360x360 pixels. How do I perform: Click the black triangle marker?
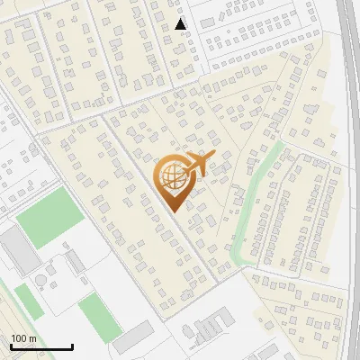pyautogui.click(x=181, y=24)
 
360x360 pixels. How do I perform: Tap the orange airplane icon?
pyautogui.click(x=197, y=165)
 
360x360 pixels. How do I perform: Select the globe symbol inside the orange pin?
pyautogui.click(x=173, y=178)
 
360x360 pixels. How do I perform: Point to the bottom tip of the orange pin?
pyautogui.click(x=173, y=211)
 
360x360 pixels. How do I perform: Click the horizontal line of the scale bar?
pyautogui.click(x=41, y=346)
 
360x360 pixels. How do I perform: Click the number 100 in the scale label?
pyautogui.click(x=20, y=338)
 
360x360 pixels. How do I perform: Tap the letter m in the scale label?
pyautogui.click(x=33, y=338)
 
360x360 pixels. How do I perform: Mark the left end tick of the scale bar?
pyautogui.click(x=11, y=345)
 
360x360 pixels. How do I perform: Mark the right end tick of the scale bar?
pyautogui.click(x=72, y=345)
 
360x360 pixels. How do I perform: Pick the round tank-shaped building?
pyautogui.click(x=42, y=282)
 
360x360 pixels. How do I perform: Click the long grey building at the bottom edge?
pyautogui.click(x=133, y=337)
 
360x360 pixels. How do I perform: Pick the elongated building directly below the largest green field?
pyautogui.click(x=76, y=260)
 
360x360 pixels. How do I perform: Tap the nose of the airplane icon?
pyautogui.click(x=213, y=156)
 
